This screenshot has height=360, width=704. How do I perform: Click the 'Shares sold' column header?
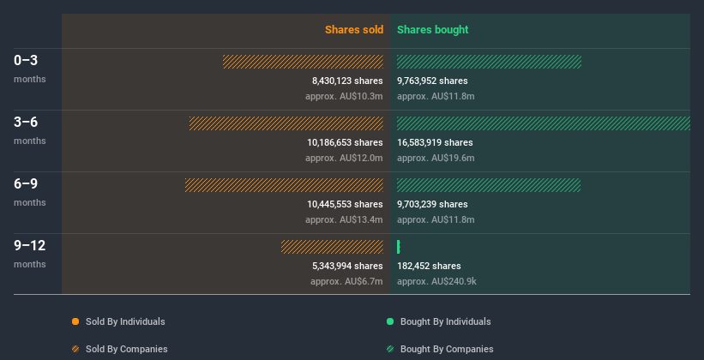[x=353, y=30]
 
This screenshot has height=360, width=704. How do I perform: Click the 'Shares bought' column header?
[x=432, y=30]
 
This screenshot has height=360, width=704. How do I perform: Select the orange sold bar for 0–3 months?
[x=303, y=62]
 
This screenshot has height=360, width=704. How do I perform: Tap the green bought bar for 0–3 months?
[x=489, y=62]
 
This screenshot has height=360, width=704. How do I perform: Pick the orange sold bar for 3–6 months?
[x=286, y=123]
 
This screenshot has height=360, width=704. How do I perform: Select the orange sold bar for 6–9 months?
[x=284, y=185]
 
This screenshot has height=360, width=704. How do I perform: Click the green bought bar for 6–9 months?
[x=489, y=185]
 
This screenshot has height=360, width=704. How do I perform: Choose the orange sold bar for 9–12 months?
[x=332, y=247]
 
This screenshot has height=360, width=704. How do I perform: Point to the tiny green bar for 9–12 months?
[x=399, y=247]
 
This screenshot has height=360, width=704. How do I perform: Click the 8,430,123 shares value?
[x=347, y=81]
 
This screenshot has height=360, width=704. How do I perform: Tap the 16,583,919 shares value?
[x=435, y=142]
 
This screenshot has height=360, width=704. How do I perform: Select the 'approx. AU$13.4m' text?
[x=344, y=219]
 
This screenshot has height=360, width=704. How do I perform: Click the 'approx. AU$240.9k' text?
[x=437, y=281]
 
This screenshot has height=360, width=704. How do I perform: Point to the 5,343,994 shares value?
[x=347, y=266]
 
